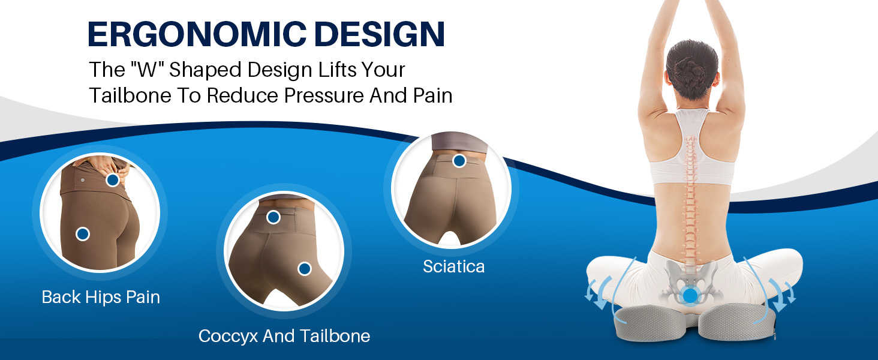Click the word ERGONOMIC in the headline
point(197,34)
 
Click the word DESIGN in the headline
point(380,34)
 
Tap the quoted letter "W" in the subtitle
point(148,70)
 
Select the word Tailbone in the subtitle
point(130,95)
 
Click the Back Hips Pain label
point(101,297)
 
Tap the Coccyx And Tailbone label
point(284,336)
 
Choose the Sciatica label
point(453,266)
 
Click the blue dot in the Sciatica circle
point(459,160)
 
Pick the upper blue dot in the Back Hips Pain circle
point(113,180)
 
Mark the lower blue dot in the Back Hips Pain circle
point(83,234)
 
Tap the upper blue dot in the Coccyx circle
point(273,217)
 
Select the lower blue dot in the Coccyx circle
point(305,269)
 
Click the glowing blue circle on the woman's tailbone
point(690,296)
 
